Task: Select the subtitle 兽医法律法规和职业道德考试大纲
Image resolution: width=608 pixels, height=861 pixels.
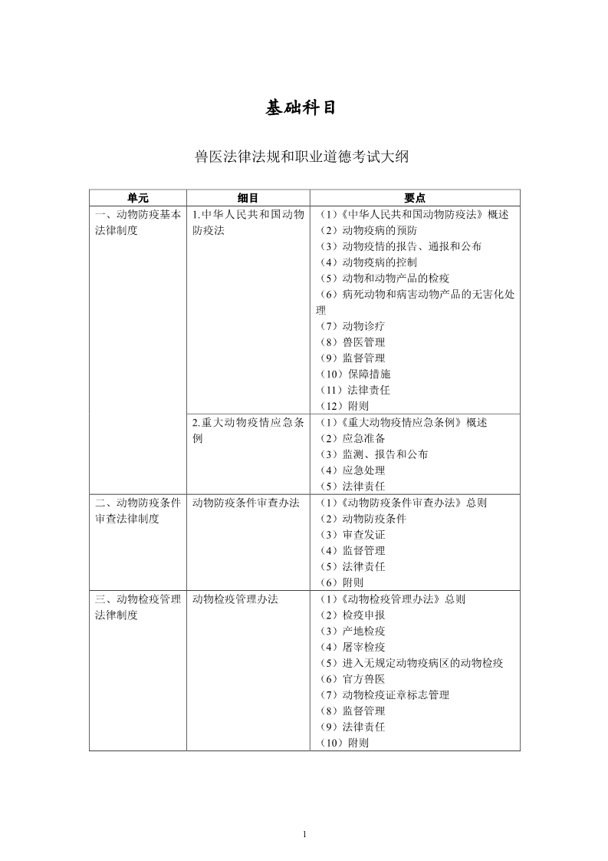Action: (303, 157)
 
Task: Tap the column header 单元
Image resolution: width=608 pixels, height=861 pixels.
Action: (138, 198)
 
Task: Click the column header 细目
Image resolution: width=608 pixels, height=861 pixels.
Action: (248, 198)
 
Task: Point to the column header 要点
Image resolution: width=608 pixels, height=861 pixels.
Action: (415, 198)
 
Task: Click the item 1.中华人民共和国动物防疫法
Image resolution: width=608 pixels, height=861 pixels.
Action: (248, 223)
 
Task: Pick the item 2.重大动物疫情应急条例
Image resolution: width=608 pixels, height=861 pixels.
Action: (248, 430)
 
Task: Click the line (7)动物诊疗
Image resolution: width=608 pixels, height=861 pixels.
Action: (353, 326)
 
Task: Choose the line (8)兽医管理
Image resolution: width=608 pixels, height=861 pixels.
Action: (353, 342)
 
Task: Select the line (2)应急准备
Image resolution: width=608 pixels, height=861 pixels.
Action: (353, 438)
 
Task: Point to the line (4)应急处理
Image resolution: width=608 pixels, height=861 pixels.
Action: (353, 470)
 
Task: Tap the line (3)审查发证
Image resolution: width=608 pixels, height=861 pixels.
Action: (353, 534)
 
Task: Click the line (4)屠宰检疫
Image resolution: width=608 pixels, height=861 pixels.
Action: (353, 647)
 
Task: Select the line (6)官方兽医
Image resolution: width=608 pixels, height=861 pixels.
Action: (353, 678)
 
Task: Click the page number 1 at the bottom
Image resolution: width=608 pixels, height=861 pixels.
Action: (304, 834)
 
